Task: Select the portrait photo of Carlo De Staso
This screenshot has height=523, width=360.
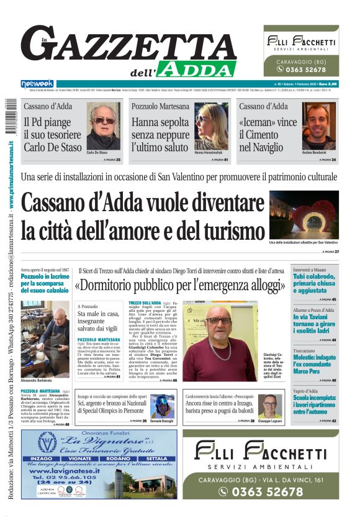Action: click(x=103, y=127)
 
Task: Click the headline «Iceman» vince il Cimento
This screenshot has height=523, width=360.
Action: click(x=268, y=135)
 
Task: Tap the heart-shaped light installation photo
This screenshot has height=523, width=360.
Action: click(x=304, y=215)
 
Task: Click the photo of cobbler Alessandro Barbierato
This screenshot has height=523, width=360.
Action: click(x=45, y=339)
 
